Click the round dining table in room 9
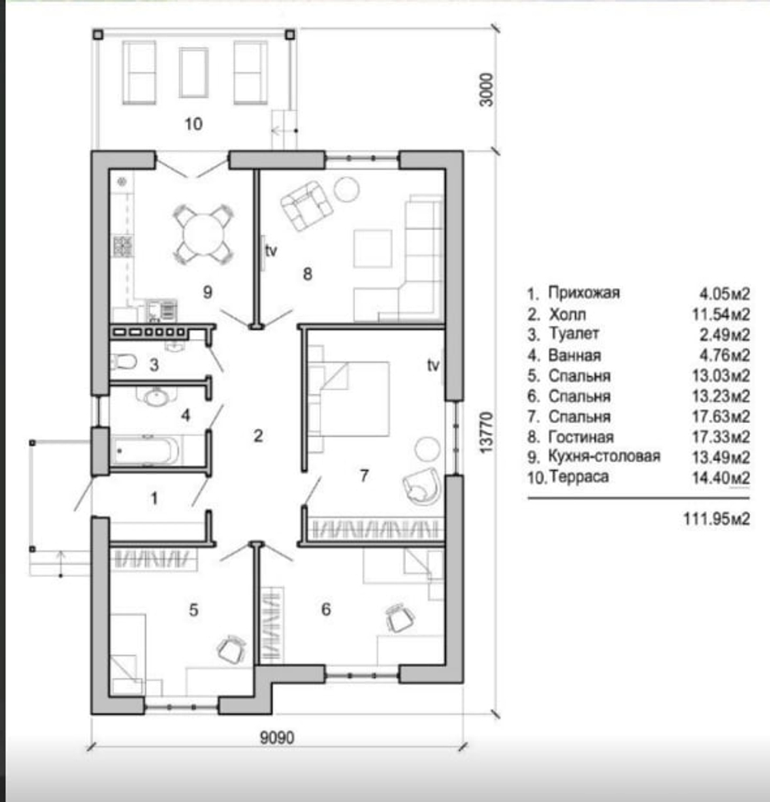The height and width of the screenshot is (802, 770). point(203,235)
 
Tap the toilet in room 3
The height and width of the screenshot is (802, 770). point(123,361)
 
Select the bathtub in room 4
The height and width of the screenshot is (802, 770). point(146,450)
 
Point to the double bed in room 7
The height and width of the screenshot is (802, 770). point(350,399)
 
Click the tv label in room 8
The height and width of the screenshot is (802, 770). point(271,250)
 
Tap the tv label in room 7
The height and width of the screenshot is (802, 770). point(433,364)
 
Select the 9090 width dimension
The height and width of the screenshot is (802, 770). point(277,737)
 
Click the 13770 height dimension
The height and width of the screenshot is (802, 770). point(487,432)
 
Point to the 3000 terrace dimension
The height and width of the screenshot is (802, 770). point(487,89)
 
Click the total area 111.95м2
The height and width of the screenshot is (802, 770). point(716,518)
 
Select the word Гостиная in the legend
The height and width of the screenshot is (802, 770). point(581,437)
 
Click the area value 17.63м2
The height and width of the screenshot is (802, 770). point(721,416)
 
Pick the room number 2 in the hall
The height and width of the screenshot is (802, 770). point(258,435)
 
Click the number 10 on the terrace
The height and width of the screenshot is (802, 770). point(193,124)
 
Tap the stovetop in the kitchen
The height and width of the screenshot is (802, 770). point(122,246)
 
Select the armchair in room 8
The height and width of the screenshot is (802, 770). point(306,205)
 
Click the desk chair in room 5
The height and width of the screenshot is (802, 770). point(232,649)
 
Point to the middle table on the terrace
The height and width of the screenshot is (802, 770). point(193,72)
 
